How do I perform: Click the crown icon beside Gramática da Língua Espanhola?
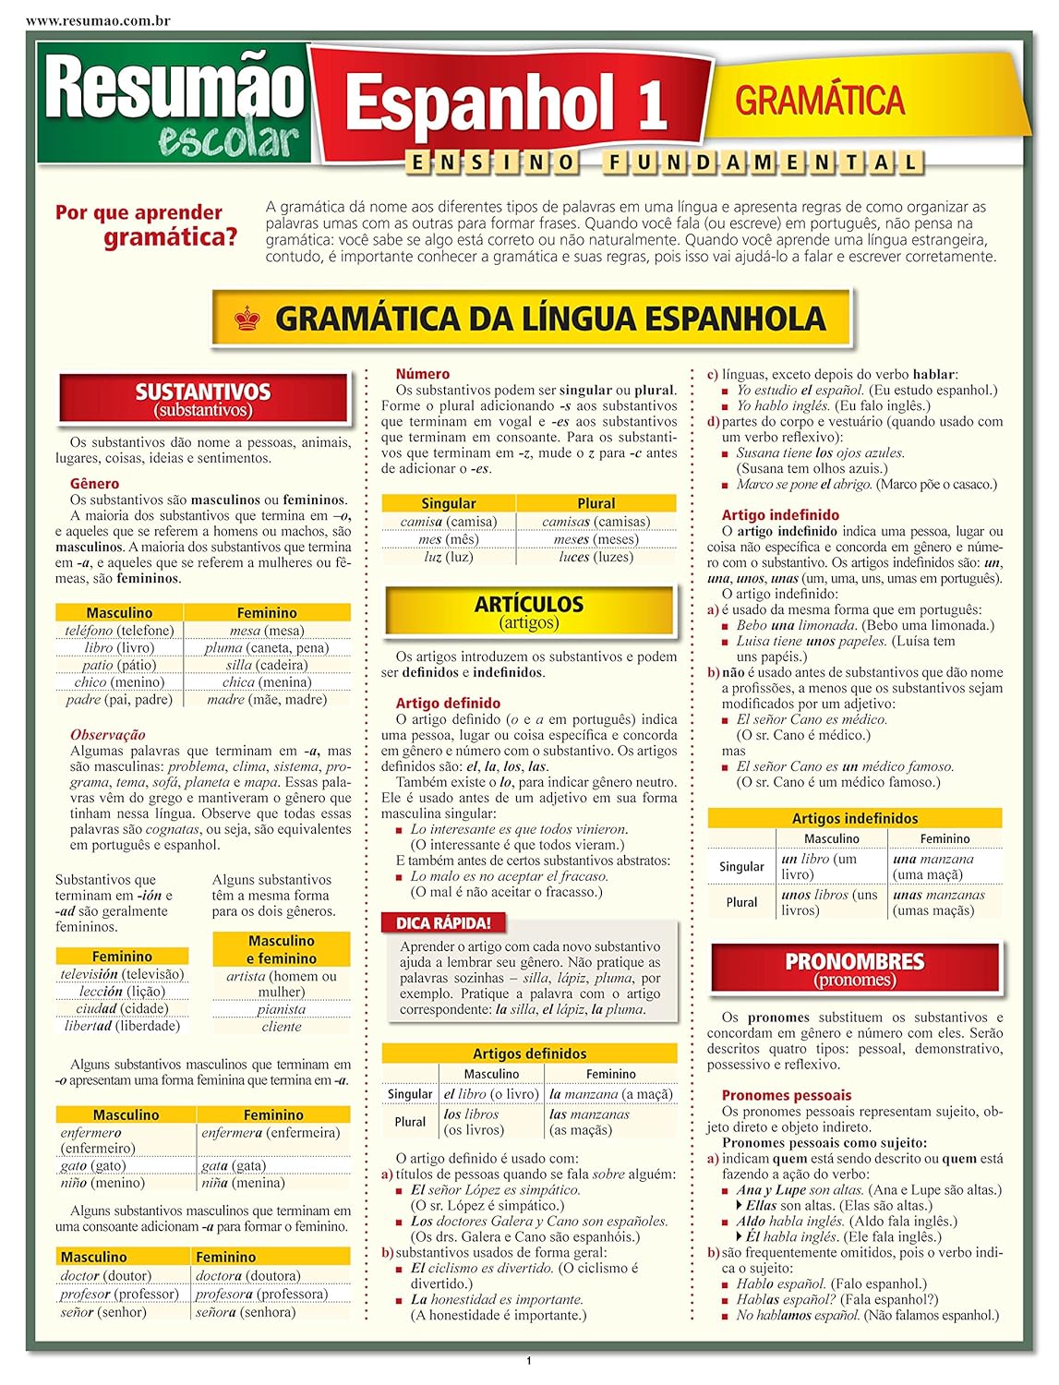coord(247,319)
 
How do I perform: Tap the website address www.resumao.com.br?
coord(86,20)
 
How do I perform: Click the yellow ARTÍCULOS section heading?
coord(529,611)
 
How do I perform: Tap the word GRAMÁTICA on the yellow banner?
coord(820,101)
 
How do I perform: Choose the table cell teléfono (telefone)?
coord(119,631)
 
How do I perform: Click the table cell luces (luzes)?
coord(596,557)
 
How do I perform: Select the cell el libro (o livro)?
coord(490,1094)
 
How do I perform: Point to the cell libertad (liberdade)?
coord(122,1026)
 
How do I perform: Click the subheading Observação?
coord(108,735)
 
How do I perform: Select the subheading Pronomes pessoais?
coord(787,1095)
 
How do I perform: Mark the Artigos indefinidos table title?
coord(854,818)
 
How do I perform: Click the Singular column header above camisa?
coord(448,503)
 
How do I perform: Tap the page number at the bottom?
coord(529,1361)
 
